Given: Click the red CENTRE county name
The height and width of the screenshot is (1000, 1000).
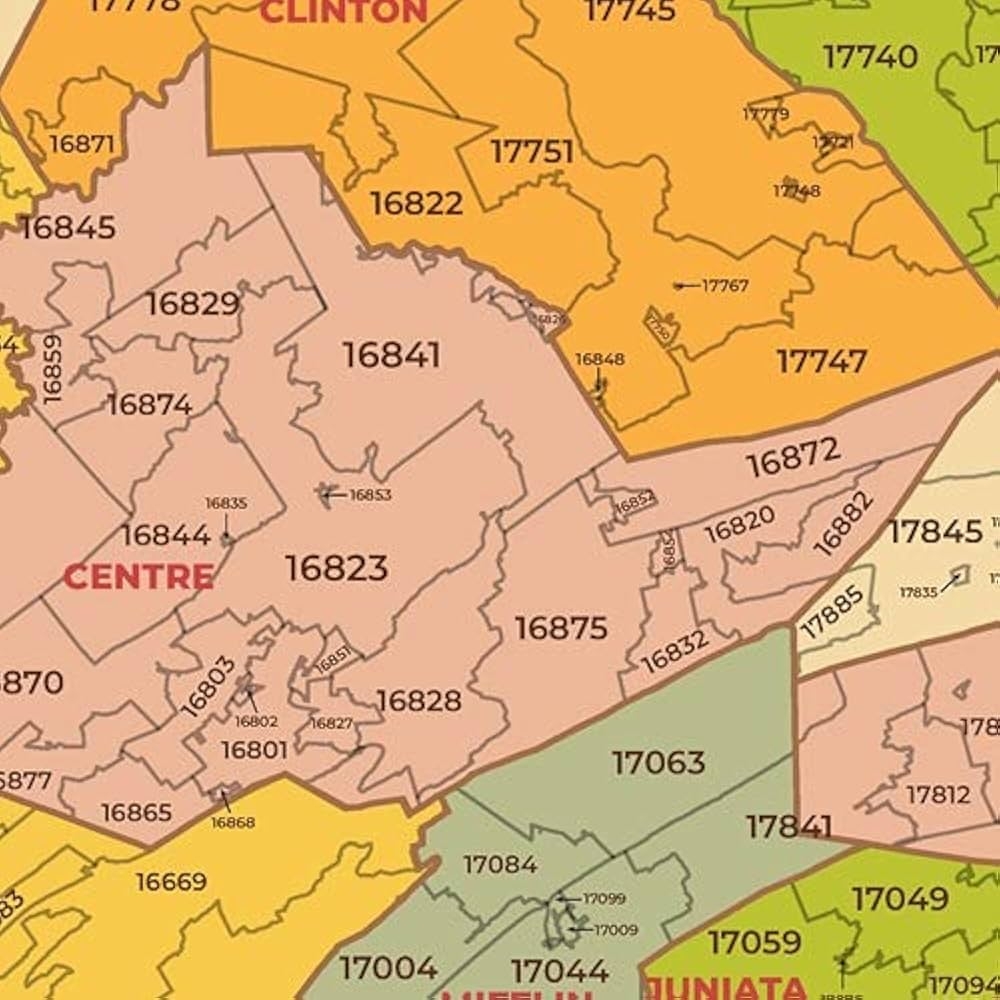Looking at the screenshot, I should (138, 577).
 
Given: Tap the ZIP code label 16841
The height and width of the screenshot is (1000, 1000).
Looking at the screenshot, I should (391, 355).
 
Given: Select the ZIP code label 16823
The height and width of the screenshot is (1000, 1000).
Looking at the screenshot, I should (336, 568).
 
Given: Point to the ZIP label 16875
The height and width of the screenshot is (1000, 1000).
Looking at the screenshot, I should (561, 628).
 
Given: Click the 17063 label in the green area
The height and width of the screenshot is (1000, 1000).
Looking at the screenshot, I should (658, 763).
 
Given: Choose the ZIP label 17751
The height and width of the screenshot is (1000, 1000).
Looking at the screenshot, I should (532, 152).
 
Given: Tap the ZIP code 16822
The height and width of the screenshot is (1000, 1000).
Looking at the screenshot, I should (416, 203).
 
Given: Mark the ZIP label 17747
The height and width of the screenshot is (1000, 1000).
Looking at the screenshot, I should (821, 361).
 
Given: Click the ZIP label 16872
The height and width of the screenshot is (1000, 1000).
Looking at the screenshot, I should (793, 458).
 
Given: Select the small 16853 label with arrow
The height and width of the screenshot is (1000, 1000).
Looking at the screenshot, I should (369, 495).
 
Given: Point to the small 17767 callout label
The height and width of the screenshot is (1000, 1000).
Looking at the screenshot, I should (724, 286).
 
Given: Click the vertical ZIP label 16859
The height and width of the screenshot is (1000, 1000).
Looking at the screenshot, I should (52, 368).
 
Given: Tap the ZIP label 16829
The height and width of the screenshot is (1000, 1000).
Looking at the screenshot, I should (193, 304).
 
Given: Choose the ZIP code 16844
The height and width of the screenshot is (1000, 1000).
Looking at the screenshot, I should (166, 535).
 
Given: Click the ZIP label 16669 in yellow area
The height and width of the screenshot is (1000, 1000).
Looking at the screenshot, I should (171, 882).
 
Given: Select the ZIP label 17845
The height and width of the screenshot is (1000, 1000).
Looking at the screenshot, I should (935, 532).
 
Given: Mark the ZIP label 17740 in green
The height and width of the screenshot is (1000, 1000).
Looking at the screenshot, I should (870, 57).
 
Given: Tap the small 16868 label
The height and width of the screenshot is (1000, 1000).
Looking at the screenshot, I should (232, 822).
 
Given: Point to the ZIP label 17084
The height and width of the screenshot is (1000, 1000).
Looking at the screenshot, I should (500, 864).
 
